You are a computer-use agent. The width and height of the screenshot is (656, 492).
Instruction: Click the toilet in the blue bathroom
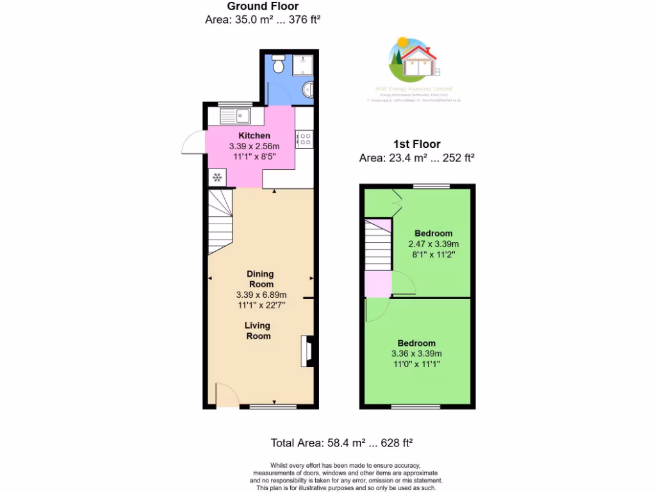pyautogui.click(x=278, y=65)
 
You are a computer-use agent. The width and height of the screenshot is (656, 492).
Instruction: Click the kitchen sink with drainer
pyautogui.click(x=235, y=116)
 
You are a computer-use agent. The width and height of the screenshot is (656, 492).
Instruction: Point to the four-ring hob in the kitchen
pyautogui.click(x=304, y=139)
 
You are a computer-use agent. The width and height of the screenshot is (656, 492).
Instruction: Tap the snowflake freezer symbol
pyautogui.click(x=217, y=177)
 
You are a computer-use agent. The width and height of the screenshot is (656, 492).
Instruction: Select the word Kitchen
pyautogui.click(x=254, y=136)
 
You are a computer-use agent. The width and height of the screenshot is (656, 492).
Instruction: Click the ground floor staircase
pyautogui.click(x=220, y=221)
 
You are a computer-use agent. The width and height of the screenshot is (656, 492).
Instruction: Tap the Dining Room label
pyautogui.click(x=261, y=279)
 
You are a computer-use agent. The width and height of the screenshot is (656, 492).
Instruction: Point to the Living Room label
pyautogui.click(x=258, y=331)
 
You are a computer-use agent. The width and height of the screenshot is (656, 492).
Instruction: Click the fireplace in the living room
pyautogui.click(x=306, y=352)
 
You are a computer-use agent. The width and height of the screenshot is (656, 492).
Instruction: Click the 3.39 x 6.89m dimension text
pyautogui.click(x=261, y=295)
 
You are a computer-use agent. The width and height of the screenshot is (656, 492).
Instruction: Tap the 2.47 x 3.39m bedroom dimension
pyautogui.click(x=433, y=244)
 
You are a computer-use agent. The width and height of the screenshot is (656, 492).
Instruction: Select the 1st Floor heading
pyautogui.click(x=416, y=144)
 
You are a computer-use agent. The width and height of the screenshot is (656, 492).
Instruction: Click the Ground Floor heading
pyautogui.click(x=263, y=6)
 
